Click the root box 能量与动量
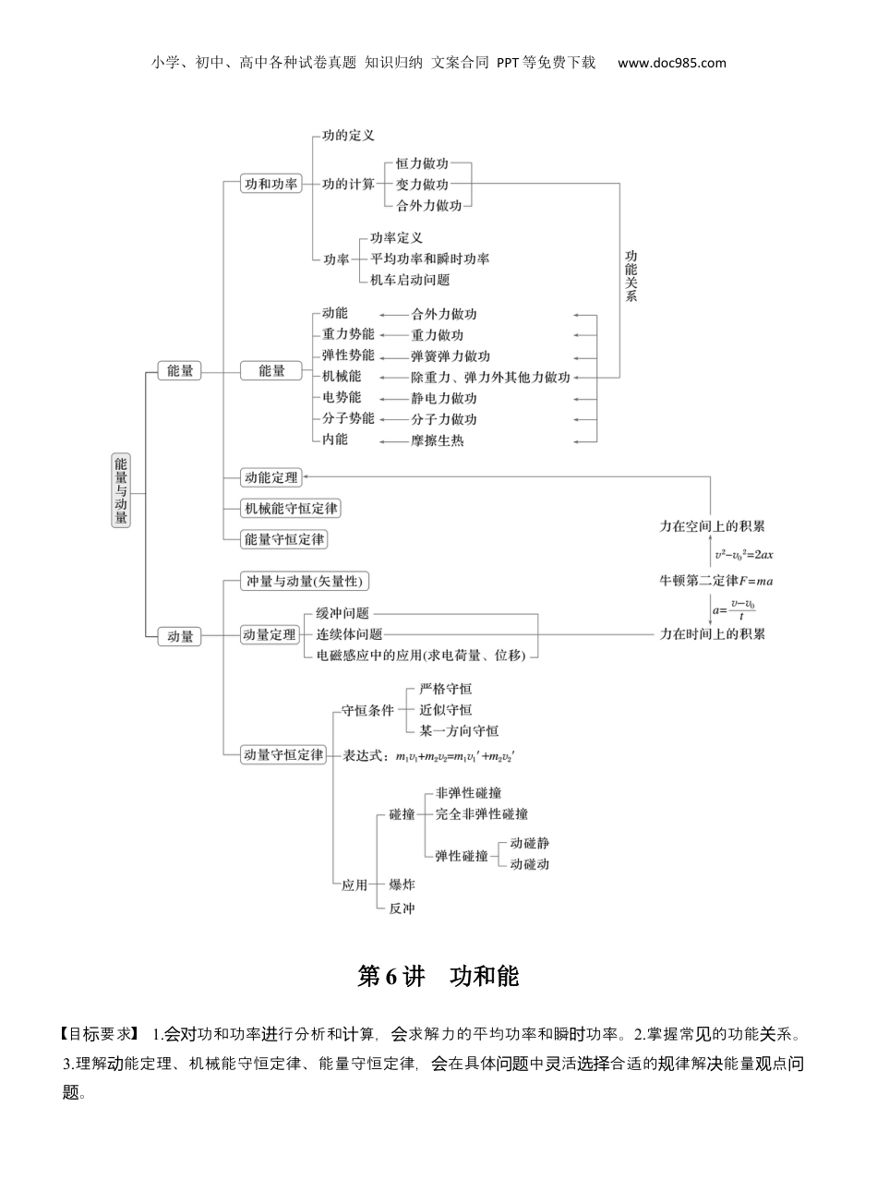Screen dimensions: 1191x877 [121, 490]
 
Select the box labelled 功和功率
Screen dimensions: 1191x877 [270, 184]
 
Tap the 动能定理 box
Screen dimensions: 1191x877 [270, 477]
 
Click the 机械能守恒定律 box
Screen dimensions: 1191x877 [290, 508]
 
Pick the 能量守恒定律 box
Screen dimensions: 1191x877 [283, 538]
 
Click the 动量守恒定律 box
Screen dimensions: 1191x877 [282, 754]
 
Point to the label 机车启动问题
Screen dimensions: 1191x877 [410, 280]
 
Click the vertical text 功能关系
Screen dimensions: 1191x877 [631, 276]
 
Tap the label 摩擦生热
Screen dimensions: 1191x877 [438, 440]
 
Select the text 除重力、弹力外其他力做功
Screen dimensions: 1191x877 [490, 377]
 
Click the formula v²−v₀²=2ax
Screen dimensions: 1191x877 [743, 555]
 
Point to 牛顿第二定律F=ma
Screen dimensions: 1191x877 [715, 581]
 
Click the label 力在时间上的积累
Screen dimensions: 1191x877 [712, 633]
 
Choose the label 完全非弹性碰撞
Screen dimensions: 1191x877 [481, 814]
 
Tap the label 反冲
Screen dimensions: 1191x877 [402, 908]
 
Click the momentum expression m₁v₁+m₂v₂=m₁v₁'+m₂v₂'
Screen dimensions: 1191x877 [454, 756]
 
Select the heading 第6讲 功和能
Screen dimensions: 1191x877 [438, 976]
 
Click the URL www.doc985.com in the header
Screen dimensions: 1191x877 [671, 63]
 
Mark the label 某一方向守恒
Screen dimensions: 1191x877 [459, 730]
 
